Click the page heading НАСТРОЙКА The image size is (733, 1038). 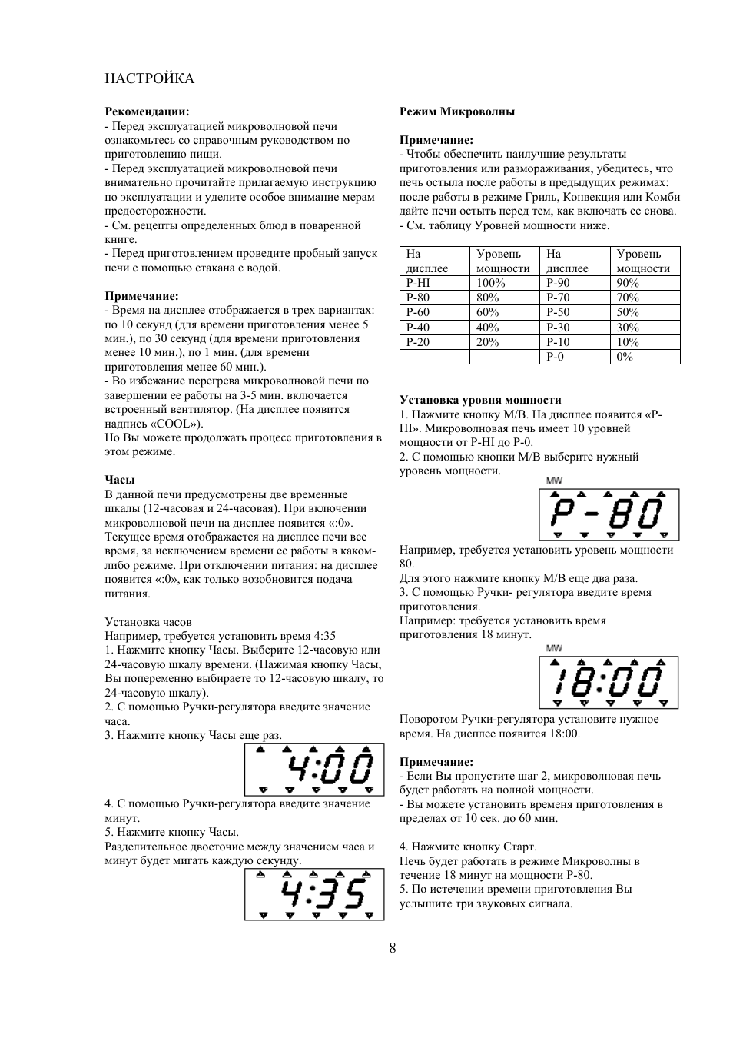pyautogui.click(x=149, y=78)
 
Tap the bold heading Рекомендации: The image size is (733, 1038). pyautogui.click(x=147, y=111)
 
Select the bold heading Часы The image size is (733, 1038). pyautogui.click(x=120, y=480)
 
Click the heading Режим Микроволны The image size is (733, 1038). pyautogui.click(x=457, y=111)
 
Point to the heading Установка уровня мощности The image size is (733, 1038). pyautogui.click(x=480, y=400)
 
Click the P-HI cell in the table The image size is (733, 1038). pyautogui.click(x=418, y=283)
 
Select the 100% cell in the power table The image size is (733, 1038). pyautogui.click(x=491, y=283)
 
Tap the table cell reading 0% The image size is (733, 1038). pyautogui.click(x=625, y=357)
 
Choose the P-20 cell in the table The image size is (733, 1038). pyautogui.click(x=418, y=342)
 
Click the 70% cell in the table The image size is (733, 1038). pyautogui.click(x=628, y=298)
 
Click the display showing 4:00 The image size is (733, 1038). pyautogui.click(x=314, y=769)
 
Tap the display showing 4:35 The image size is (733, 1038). pyautogui.click(x=314, y=894)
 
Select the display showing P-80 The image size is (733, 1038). pyautogui.click(x=609, y=514)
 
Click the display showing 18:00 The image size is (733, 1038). pyautogui.click(x=609, y=682)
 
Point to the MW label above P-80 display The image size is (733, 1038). pyautogui.click(x=554, y=481)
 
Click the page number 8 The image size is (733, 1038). pyautogui.click(x=393, y=948)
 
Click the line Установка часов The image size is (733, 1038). pyautogui.click(x=148, y=622)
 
